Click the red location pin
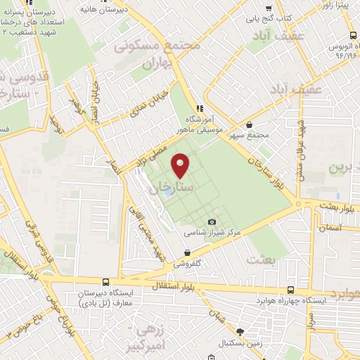pos(180,165)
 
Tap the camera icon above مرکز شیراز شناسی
pos(212,222)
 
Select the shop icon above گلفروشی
pos(187,251)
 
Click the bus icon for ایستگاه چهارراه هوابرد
pos(291,290)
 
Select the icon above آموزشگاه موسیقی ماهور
pos(200,108)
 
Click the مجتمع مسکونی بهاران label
pos(159,53)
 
